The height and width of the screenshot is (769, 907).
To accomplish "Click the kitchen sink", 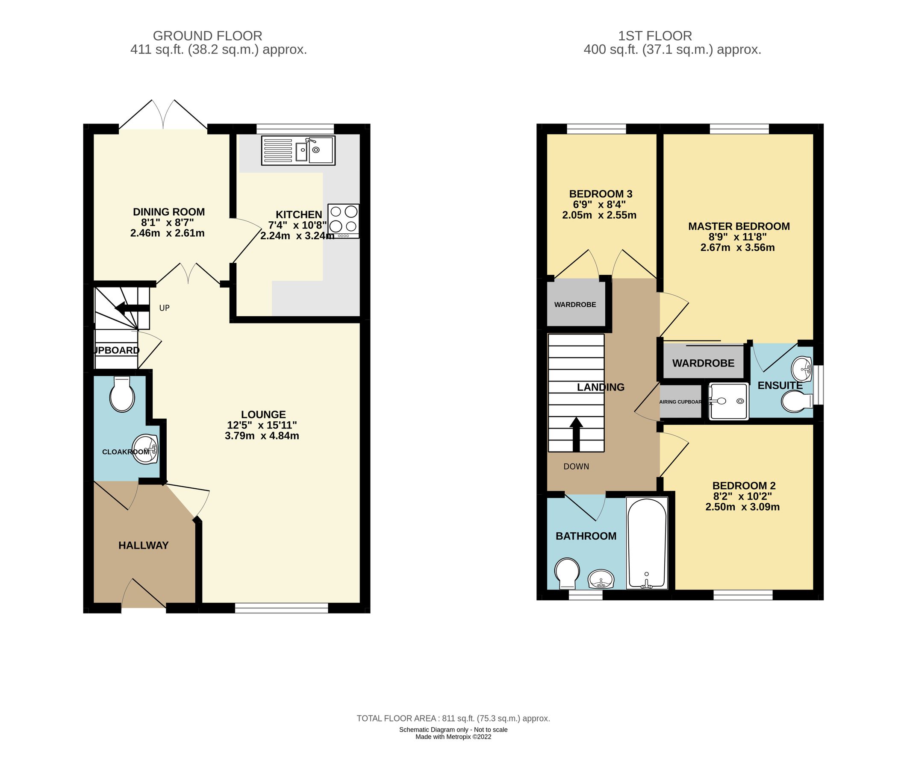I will [x=298, y=150].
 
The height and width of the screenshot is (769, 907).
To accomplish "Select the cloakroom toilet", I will [x=122, y=394].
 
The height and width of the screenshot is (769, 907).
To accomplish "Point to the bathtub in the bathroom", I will [x=646, y=543].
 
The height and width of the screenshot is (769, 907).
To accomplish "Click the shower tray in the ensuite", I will [x=728, y=401].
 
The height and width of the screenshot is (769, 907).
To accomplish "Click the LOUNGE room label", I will [x=263, y=414].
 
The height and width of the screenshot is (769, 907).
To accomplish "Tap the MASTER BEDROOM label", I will [x=739, y=226].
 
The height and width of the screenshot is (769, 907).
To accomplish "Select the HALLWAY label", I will [x=144, y=546].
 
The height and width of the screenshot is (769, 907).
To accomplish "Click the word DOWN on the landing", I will [x=576, y=467].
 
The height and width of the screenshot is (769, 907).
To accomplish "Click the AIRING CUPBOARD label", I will [x=680, y=402].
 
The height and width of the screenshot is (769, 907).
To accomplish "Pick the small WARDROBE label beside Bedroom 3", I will [x=575, y=305].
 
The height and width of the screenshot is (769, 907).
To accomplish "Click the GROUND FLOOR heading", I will [x=207, y=36].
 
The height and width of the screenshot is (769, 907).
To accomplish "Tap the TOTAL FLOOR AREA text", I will [x=453, y=719].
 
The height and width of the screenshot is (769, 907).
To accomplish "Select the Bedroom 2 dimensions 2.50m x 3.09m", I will [x=742, y=507].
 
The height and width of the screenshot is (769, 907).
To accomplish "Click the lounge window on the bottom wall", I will [x=281, y=608].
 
